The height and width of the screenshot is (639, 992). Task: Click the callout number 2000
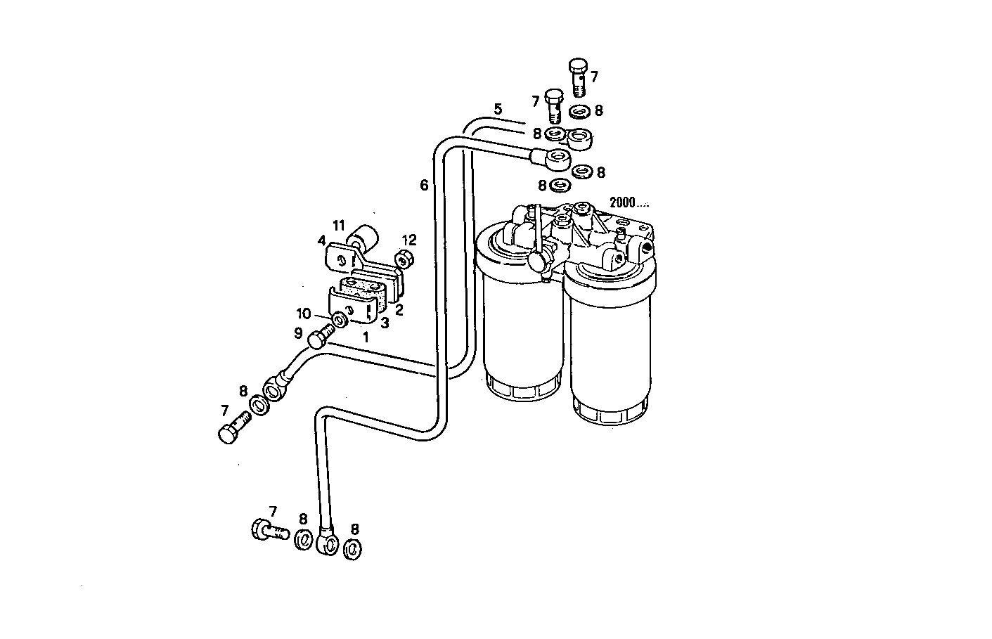622,202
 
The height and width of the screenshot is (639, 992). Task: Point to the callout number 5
498,109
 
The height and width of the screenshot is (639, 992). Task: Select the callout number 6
424,185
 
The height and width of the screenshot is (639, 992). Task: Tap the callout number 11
339,226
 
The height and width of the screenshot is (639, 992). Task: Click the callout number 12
409,240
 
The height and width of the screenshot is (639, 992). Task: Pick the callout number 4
321,240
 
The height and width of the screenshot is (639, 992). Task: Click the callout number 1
366,337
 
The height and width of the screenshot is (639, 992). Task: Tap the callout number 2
399,309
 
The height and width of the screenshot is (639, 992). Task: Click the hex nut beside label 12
404,260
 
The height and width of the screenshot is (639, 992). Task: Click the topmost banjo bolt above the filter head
576,76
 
